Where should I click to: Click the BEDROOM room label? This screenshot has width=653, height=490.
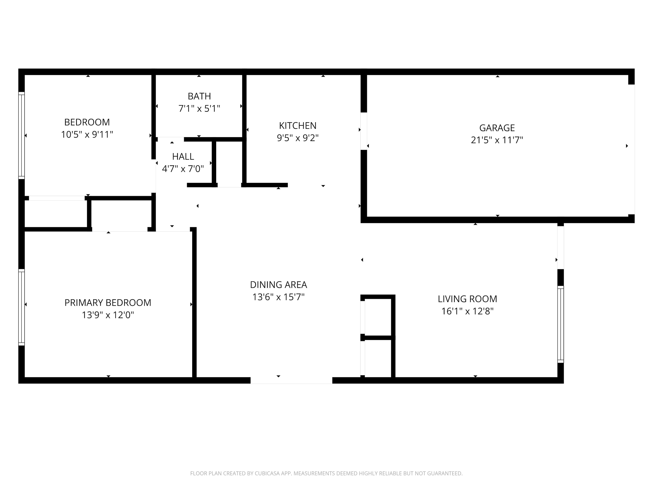point(87,122)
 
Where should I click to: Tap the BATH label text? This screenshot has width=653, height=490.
point(199,96)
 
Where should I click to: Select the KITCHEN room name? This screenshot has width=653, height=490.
point(298,125)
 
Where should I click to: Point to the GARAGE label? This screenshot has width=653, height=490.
point(497,128)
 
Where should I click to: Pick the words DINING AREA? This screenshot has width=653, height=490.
point(278,284)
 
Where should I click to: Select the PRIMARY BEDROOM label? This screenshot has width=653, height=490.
point(108,302)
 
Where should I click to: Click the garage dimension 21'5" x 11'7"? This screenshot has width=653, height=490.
point(497,140)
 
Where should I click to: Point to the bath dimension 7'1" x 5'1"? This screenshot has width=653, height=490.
point(199,108)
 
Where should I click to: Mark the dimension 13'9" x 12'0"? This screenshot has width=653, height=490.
point(108,315)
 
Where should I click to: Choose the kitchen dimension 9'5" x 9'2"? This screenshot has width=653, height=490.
point(298,138)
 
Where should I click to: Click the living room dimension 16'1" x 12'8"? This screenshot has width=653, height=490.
point(467,311)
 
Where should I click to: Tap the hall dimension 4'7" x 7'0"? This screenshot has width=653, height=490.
point(183,169)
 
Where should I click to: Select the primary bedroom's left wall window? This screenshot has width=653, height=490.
point(22,307)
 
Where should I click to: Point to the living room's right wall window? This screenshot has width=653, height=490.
point(560,324)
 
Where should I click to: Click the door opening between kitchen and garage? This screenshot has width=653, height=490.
point(364,131)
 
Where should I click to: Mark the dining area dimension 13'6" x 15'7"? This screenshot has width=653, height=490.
point(278,297)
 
